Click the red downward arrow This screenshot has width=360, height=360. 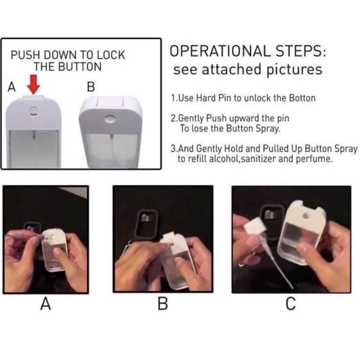click(x=33, y=84)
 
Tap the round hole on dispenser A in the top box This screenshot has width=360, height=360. click(x=33, y=111)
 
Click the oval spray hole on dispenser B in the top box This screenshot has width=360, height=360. click(x=110, y=119)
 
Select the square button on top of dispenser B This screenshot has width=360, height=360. click(x=110, y=102)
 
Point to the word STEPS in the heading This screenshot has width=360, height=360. click(x=301, y=51)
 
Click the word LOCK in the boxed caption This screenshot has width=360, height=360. click(x=111, y=55)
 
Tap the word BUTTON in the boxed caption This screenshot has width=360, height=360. click(x=80, y=67)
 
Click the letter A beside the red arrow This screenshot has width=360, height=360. click(x=12, y=87)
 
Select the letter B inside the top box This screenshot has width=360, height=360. click(x=91, y=87)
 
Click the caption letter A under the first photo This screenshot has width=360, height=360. click(x=46, y=303)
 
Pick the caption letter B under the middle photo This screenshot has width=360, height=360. click(x=163, y=303)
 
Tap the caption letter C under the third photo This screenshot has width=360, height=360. click(x=291, y=303)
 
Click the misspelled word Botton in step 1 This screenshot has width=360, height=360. click(x=302, y=98)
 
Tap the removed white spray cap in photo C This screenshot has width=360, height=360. click(x=255, y=226)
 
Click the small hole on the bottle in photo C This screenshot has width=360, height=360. click(x=306, y=216)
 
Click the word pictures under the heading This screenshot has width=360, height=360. click(x=294, y=70)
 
